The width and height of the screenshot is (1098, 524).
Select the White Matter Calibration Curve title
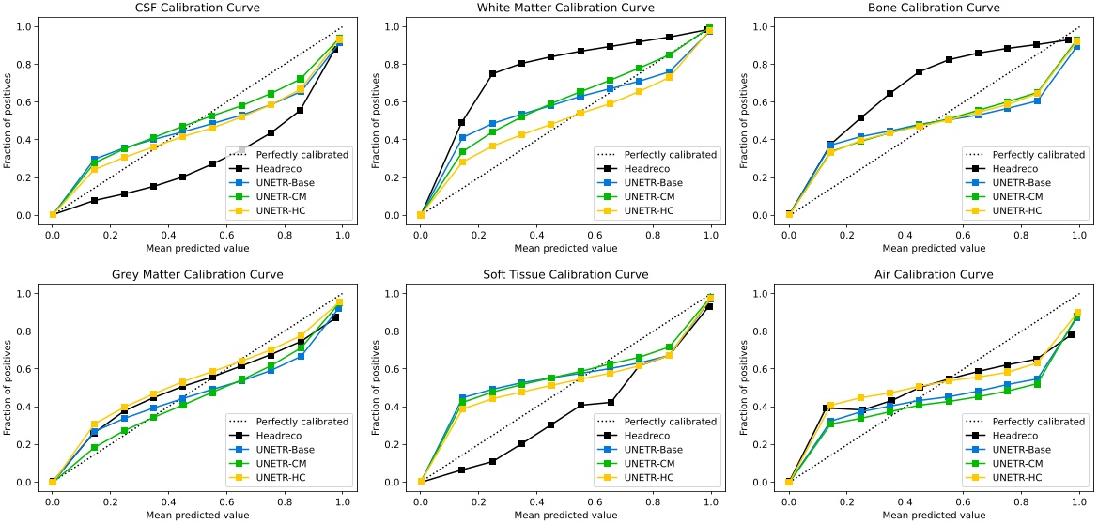point(565,8)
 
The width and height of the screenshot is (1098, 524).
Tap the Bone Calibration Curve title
point(934,8)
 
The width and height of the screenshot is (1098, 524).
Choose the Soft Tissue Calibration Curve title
point(565,275)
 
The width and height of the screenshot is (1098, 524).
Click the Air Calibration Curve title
point(934,275)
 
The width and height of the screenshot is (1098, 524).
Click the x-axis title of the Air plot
point(934,515)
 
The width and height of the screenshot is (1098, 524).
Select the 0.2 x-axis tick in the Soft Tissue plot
point(478,500)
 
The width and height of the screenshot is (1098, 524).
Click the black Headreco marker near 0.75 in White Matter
point(492,73)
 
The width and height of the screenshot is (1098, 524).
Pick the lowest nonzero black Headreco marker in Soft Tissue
point(461,470)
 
